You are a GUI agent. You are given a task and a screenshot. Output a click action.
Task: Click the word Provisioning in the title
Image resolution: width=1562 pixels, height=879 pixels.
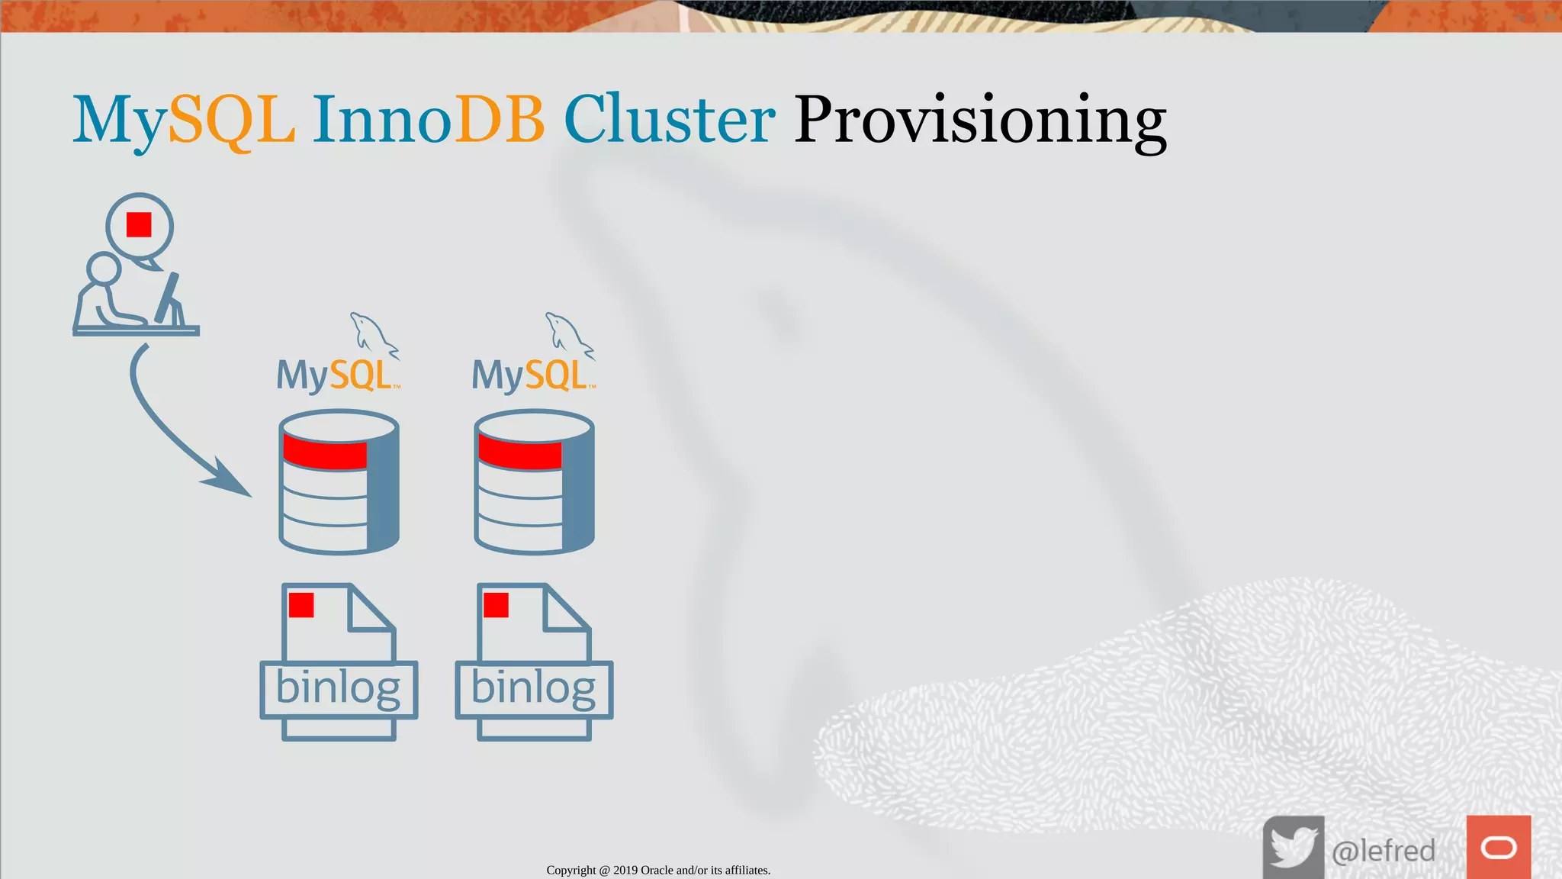pyautogui.click(x=980, y=120)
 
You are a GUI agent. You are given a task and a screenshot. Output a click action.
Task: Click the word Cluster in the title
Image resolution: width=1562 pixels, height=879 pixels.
pyautogui.click(x=669, y=120)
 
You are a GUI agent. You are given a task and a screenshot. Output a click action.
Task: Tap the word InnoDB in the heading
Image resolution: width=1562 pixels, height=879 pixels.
pyautogui.click(x=428, y=120)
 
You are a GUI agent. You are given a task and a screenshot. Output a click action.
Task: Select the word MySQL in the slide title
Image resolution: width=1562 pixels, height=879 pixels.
pyautogui.click(x=183, y=120)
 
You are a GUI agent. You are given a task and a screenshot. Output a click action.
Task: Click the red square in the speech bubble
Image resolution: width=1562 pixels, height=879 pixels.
pyautogui.click(x=139, y=225)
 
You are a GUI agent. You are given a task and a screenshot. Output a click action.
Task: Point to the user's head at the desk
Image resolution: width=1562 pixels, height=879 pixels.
pyautogui.click(x=103, y=269)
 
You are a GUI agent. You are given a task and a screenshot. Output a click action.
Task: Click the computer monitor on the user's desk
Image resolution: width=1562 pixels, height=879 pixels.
pyautogui.click(x=169, y=299)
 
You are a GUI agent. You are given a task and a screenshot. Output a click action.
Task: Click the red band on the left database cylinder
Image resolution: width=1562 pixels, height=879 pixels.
pyautogui.click(x=325, y=453)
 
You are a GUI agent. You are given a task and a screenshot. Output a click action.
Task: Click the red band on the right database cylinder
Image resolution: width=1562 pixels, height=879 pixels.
pyautogui.click(x=520, y=453)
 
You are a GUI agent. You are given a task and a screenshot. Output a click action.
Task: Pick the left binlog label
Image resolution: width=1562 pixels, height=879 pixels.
pyautogui.click(x=338, y=688)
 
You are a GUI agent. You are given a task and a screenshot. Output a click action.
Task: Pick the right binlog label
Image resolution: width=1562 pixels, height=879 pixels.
pyautogui.click(x=533, y=688)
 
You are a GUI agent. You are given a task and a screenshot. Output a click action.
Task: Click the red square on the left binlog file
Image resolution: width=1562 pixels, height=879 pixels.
pyautogui.click(x=301, y=605)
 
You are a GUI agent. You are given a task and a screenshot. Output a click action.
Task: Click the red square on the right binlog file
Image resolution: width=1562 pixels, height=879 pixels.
pyautogui.click(x=496, y=605)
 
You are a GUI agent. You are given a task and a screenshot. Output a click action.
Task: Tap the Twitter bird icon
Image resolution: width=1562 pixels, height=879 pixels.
pyautogui.click(x=1294, y=847)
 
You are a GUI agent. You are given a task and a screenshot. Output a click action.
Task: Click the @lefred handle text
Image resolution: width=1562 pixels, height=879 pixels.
pyautogui.click(x=1383, y=850)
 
